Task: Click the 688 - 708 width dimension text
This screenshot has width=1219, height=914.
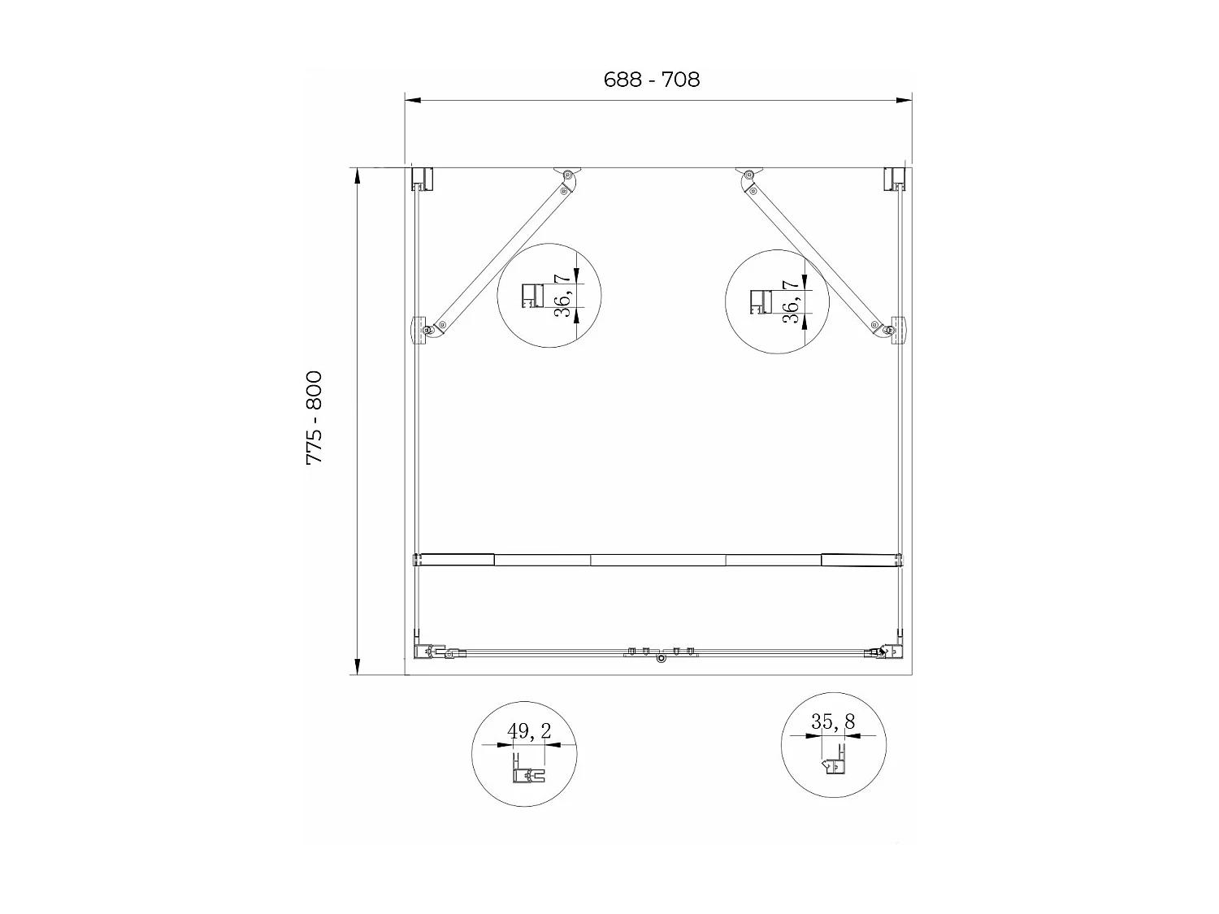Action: click(x=652, y=80)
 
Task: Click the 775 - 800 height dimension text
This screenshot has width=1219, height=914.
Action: click(x=314, y=418)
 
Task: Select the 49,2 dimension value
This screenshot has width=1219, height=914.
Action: click(x=529, y=731)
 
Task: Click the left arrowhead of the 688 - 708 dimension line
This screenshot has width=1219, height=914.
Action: click(x=413, y=101)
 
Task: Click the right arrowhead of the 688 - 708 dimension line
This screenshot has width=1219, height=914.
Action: click(x=904, y=101)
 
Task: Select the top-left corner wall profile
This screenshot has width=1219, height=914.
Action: click(x=422, y=179)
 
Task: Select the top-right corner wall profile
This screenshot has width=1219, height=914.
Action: click(x=895, y=179)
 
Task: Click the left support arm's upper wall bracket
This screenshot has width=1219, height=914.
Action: click(x=567, y=174)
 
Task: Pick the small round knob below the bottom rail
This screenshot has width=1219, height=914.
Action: click(x=661, y=661)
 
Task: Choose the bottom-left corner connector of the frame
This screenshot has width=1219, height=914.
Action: click(x=427, y=652)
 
